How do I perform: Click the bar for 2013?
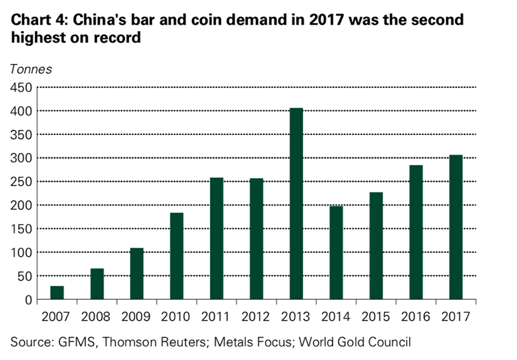pos(297,204)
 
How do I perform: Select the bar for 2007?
pos(57,293)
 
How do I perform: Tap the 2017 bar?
pos(456,228)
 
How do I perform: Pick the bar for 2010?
pos(177,256)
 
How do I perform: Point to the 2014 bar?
pos(336,253)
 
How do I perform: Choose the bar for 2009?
pos(137,274)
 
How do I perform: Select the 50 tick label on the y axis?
pos(25,277)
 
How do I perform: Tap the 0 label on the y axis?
pos(30,300)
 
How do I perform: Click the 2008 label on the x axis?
pos(96,317)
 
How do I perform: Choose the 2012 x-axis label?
pos(257,317)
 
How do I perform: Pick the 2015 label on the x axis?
pos(376,317)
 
